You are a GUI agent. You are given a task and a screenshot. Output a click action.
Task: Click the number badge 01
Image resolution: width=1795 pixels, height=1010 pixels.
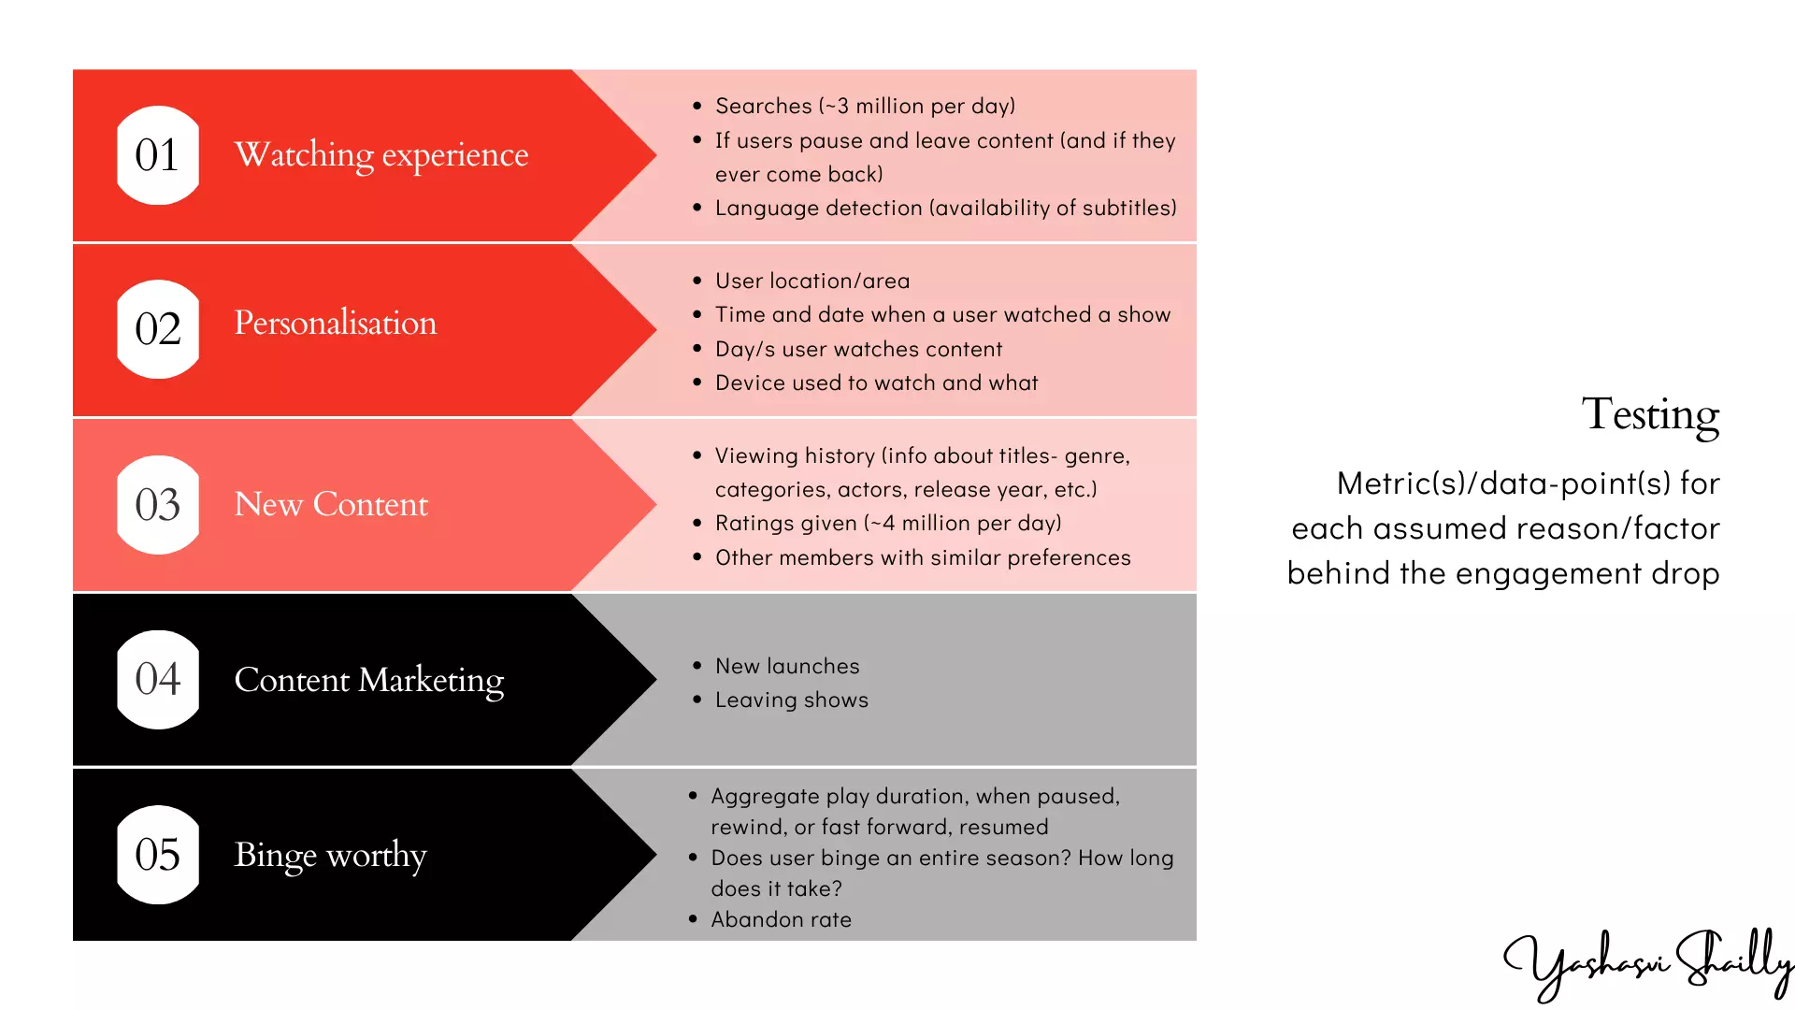coord(157,155)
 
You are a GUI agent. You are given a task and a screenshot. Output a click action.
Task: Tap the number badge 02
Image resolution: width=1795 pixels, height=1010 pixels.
coord(157,329)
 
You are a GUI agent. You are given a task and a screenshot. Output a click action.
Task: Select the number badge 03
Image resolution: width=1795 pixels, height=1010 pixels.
coord(157,505)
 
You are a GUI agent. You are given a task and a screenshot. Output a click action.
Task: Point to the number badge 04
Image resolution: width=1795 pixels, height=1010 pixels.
coord(157,679)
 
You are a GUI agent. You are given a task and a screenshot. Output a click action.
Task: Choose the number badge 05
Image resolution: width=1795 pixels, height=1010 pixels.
coord(157,855)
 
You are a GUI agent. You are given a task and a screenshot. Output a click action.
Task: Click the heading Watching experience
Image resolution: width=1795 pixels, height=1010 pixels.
coord(381,155)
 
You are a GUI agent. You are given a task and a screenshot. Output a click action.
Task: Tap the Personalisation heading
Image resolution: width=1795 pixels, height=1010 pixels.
coord(335,323)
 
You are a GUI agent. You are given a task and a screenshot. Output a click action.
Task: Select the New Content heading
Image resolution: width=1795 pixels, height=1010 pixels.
coord(330,504)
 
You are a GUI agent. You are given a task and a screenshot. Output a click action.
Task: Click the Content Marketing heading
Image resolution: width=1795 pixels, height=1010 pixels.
coord(368,680)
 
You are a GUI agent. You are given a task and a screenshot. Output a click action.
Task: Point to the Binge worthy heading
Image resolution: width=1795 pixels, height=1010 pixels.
coord(330,855)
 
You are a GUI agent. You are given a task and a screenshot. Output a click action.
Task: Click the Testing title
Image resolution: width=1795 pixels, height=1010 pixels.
coord(1650,414)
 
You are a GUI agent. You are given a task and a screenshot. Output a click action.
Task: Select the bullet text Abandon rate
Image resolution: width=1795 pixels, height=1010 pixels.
coord(781,919)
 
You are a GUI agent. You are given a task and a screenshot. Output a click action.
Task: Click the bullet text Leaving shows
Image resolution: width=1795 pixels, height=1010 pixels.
coord(791,700)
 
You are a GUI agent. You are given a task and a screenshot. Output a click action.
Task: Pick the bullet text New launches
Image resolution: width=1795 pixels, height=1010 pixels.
coord(786,666)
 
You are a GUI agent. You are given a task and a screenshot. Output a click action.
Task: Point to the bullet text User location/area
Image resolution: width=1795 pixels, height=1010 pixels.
coord(811,281)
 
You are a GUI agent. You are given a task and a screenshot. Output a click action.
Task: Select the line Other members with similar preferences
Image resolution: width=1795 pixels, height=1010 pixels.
coord(922,557)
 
